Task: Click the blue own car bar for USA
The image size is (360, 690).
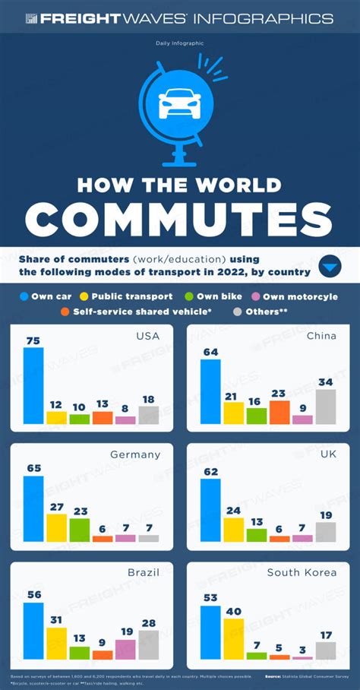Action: click(x=33, y=385)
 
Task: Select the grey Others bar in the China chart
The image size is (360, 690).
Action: click(x=324, y=407)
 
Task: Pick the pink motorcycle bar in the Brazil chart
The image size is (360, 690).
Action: click(x=125, y=649)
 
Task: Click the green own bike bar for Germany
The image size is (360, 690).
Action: click(x=80, y=530)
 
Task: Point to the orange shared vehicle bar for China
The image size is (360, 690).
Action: click(x=279, y=412)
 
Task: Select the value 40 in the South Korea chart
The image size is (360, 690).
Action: click(x=234, y=612)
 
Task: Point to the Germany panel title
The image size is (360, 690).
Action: click(x=134, y=454)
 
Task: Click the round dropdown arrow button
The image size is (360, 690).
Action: click(x=330, y=267)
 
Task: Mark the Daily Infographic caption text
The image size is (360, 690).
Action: click(x=180, y=44)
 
